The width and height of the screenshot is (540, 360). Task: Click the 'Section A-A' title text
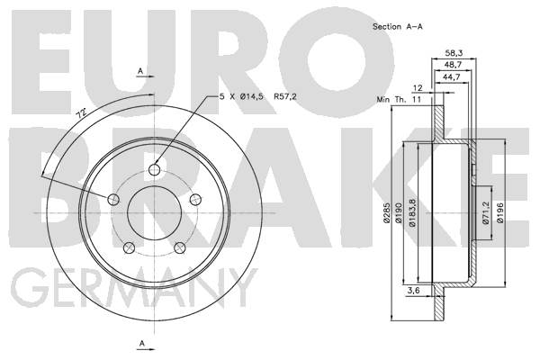pyautogui.click(x=398, y=26)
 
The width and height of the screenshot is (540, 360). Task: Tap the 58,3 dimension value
pyautogui.click(x=454, y=53)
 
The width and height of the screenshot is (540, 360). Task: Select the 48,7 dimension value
pyautogui.click(x=453, y=65)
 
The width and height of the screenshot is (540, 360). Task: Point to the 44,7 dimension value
pyautogui.click(x=452, y=77)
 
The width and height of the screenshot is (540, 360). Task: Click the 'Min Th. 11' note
pyautogui.click(x=399, y=100)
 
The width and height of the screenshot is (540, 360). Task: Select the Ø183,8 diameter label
pyautogui.click(x=412, y=213)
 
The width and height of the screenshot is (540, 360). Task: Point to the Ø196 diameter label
pyautogui.click(x=500, y=213)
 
